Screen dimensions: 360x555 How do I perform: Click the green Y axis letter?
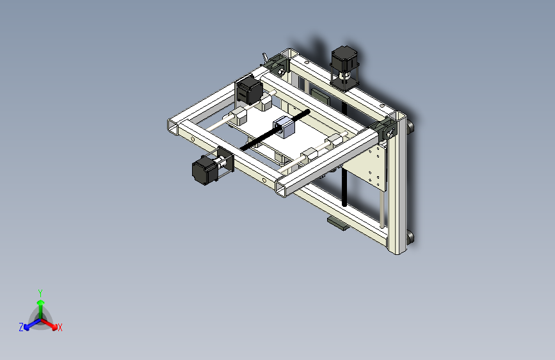coord(40,292)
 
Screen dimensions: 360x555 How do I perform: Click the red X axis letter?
coord(60,328)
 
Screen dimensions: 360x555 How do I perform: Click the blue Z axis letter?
coord(21,327)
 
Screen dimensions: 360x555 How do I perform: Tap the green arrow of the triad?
coord(40,305)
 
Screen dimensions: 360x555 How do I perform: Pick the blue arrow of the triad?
coord(29,323)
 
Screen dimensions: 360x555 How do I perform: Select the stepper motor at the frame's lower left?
coord(204,170)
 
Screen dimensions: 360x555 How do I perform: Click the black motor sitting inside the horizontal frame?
coord(248,90)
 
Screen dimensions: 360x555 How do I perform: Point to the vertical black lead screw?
coord(346,186)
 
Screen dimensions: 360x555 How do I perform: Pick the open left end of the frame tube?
coord(173,127)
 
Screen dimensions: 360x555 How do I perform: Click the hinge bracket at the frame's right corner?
coord(388,130)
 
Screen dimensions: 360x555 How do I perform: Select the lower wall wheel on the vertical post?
coord(410,238)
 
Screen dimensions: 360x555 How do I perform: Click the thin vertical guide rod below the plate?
coord(383,208)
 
